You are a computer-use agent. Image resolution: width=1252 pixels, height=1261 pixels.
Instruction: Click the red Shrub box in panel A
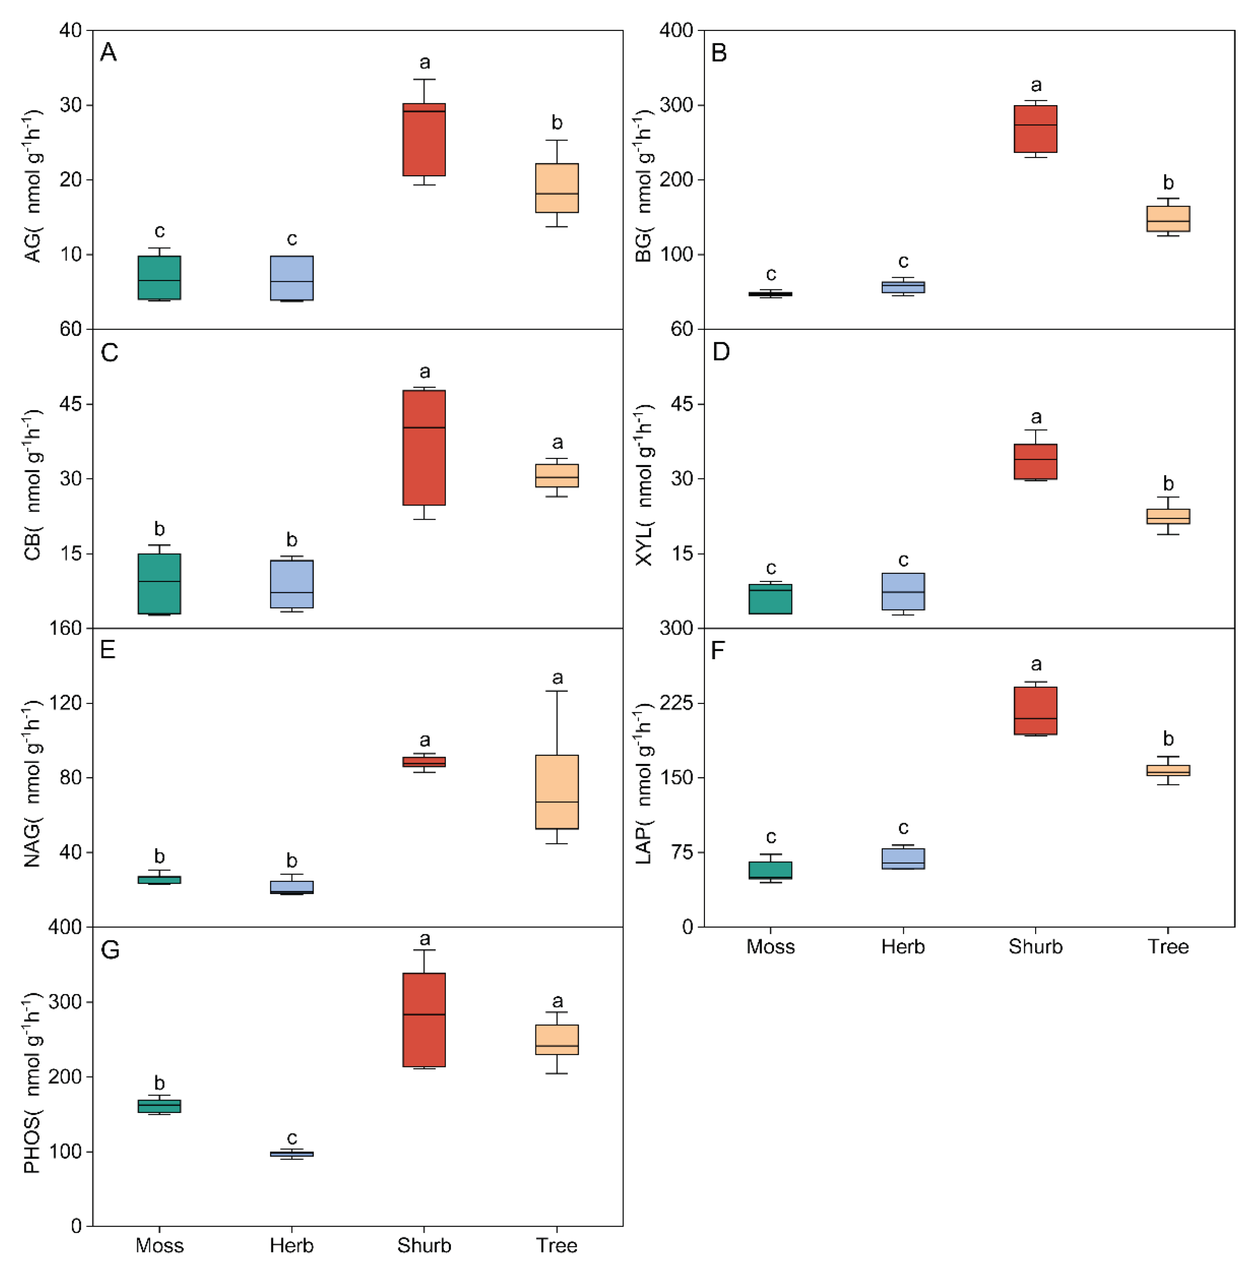pos(424,140)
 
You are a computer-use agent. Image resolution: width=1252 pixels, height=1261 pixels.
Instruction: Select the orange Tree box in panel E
pos(557,792)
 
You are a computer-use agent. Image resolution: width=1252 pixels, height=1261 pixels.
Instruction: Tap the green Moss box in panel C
pos(159,584)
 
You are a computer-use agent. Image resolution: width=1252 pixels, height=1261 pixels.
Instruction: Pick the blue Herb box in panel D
pos(903,591)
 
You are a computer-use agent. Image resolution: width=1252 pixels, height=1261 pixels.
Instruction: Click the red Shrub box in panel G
pos(424,1019)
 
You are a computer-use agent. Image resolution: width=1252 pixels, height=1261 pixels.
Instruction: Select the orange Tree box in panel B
pos(1168,218)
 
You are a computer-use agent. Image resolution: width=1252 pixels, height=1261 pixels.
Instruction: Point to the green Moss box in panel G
pos(159,1106)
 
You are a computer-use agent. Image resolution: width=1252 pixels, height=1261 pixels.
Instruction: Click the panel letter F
pos(718,651)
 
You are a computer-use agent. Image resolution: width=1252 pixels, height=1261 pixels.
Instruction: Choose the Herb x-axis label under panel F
pos(903,946)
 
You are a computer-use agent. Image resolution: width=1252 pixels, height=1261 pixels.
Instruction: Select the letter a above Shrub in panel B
pos(1036,85)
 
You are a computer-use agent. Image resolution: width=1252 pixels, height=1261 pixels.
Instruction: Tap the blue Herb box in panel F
pos(903,858)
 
